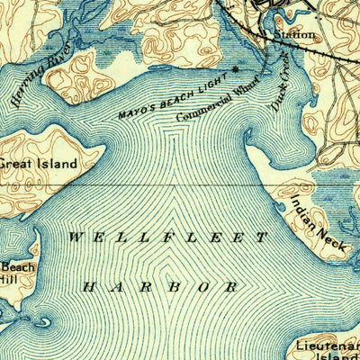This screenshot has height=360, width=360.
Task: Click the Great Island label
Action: coord(38,165)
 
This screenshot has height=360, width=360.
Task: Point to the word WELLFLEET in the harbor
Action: coord(167,238)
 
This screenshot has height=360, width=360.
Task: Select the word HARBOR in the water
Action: coord(161,287)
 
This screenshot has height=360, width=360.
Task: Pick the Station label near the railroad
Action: coord(294,34)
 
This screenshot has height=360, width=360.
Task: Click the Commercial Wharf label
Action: coord(217,99)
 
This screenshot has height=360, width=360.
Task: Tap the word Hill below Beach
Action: coord(9,280)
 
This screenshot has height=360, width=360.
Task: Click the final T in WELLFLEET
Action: coord(263,238)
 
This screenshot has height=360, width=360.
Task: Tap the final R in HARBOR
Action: coord(234,287)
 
